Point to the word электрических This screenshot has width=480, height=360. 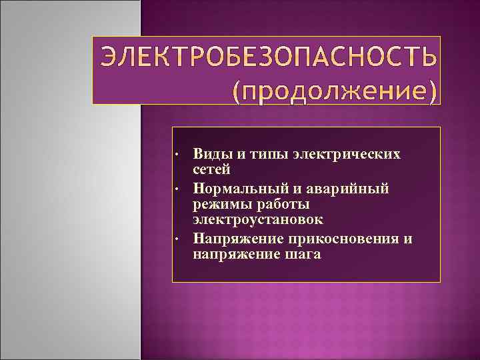(346, 154)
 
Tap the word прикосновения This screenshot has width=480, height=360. (343, 237)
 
